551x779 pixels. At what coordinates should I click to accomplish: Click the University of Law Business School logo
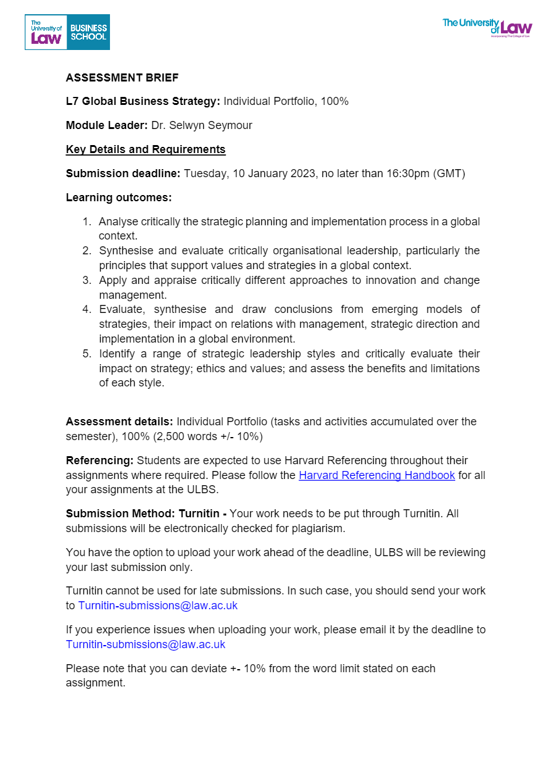pyautogui.click(x=67, y=32)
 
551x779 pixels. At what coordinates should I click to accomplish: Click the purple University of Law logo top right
pyautogui.click(x=487, y=27)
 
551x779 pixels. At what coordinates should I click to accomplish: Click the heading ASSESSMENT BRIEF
pyautogui.click(x=122, y=78)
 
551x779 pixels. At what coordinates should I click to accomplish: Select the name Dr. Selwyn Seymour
pyautogui.click(x=201, y=125)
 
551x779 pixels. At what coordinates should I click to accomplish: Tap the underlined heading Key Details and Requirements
pyautogui.click(x=146, y=149)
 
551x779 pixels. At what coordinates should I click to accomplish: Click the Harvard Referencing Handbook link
pyautogui.click(x=377, y=475)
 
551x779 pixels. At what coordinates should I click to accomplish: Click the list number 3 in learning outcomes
pyautogui.click(x=87, y=280)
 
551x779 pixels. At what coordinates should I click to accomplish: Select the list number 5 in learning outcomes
pyautogui.click(x=87, y=354)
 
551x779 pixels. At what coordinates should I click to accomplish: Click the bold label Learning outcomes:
pyautogui.click(x=119, y=198)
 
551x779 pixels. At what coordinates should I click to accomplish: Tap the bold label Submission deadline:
pyautogui.click(x=123, y=173)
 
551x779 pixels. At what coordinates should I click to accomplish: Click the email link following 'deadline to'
pyautogui.click(x=146, y=644)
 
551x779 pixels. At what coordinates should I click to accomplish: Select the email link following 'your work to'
pyautogui.click(x=158, y=606)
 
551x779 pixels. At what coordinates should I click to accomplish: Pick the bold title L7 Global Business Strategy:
pyautogui.click(x=143, y=101)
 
